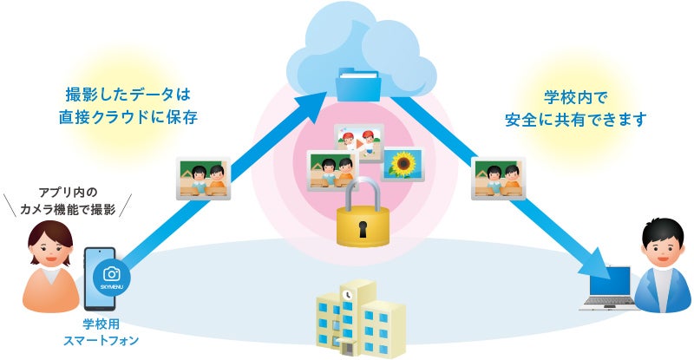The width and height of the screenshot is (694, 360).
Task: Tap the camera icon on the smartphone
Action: (x=111, y=272)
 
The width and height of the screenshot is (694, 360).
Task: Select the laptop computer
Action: (x=608, y=289)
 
